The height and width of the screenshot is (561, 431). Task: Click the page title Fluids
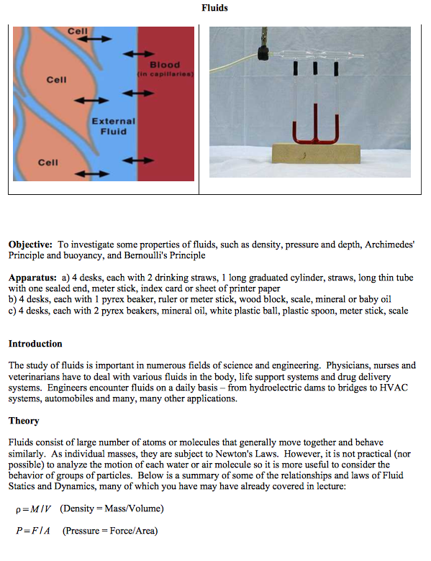215,9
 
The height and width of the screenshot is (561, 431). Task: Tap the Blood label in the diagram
165,65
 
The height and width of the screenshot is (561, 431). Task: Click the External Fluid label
113,127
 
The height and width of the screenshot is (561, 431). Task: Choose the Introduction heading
35,344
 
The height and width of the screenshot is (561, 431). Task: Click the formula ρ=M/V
33,510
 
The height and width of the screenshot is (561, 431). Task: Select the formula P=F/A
32,532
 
